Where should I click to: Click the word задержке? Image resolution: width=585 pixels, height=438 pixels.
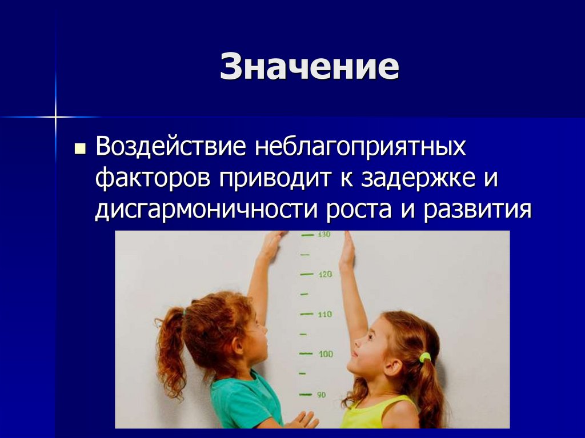coord(418,179)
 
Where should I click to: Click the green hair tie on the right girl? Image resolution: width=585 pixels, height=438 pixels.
coord(424,358)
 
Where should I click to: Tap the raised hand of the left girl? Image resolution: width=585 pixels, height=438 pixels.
coord(272,243)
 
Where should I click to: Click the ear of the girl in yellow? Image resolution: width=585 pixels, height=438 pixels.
coord(393,365)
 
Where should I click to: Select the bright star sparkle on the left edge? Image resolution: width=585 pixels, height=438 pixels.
coord(55,117)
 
